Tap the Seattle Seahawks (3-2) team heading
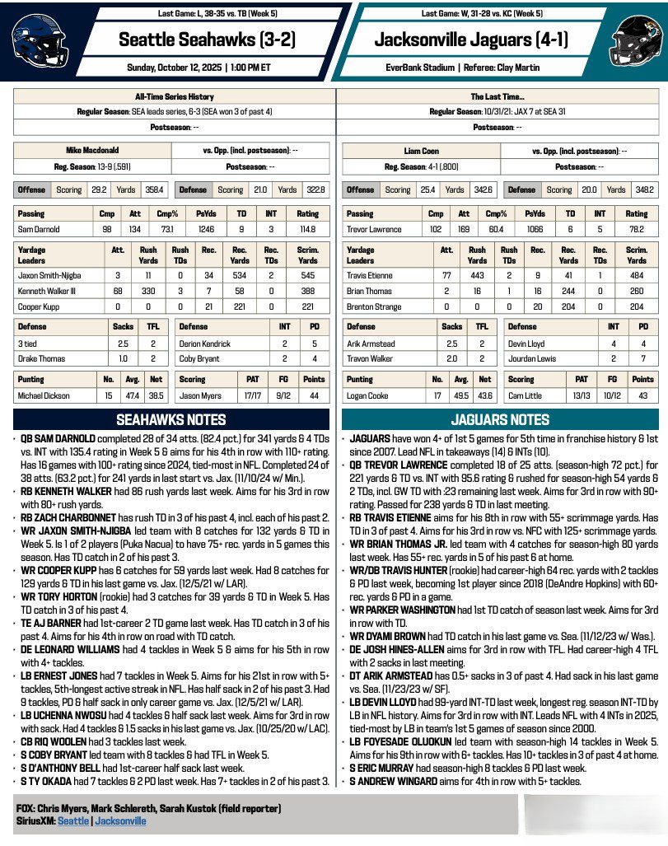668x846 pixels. click(207, 40)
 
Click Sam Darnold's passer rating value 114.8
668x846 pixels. click(309, 229)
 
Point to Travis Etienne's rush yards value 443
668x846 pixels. click(477, 275)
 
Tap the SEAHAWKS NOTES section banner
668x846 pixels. click(171, 419)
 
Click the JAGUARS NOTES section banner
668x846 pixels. click(501, 419)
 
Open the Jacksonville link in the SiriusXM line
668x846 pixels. click(120, 820)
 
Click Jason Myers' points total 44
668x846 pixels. click(314, 396)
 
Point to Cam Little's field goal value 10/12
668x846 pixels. click(611, 396)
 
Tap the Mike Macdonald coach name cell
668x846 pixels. click(92, 151)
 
